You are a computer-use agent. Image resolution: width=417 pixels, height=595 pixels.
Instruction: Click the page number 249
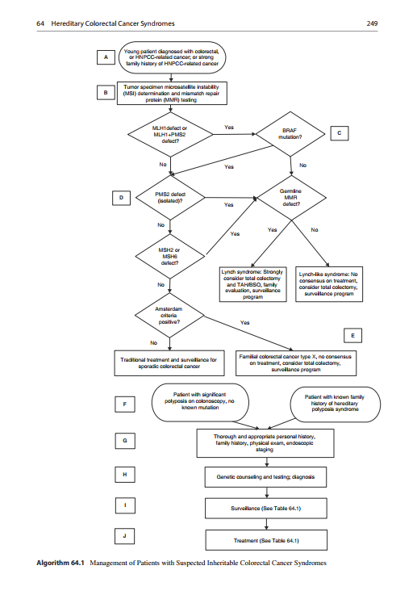pyautogui.click(x=373, y=23)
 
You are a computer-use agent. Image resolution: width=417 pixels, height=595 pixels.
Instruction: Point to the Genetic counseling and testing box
pyautogui.click(x=265, y=477)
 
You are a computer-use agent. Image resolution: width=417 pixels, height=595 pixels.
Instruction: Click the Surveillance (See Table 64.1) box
pyautogui.click(x=265, y=508)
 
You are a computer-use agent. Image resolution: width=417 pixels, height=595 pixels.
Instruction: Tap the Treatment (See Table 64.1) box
pyautogui.click(x=265, y=538)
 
